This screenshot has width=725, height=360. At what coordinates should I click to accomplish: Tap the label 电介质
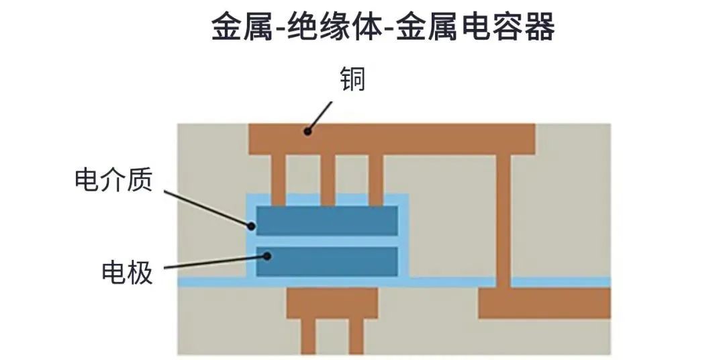point(113,181)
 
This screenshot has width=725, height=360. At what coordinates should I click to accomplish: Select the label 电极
point(127,272)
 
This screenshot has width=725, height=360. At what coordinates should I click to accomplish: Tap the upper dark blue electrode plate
point(327,220)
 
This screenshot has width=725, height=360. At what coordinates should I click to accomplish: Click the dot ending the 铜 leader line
point(307,132)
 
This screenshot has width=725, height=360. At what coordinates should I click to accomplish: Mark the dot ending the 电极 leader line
point(267,256)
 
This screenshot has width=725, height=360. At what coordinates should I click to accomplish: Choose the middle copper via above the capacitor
point(328,178)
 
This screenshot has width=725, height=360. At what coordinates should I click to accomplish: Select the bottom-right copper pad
point(544,303)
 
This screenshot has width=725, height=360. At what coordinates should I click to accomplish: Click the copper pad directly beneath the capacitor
point(332,303)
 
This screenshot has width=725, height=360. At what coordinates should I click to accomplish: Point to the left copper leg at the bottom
point(307,336)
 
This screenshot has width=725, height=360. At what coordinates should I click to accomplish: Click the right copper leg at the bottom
point(356,336)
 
